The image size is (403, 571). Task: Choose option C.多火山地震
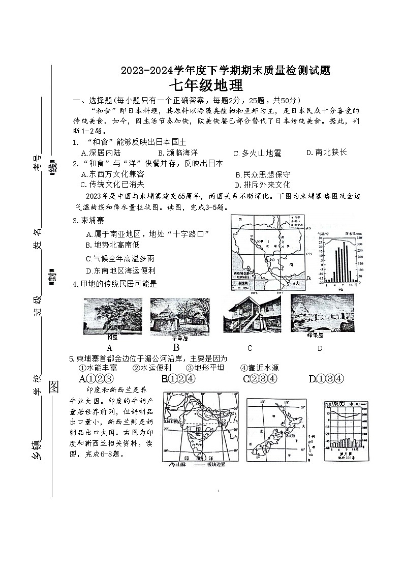coord(257,153)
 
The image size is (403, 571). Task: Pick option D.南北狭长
coord(327,152)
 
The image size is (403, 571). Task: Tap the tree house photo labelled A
coord(113,316)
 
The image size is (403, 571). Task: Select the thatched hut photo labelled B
coord(179,317)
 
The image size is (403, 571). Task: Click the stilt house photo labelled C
coord(252,314)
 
